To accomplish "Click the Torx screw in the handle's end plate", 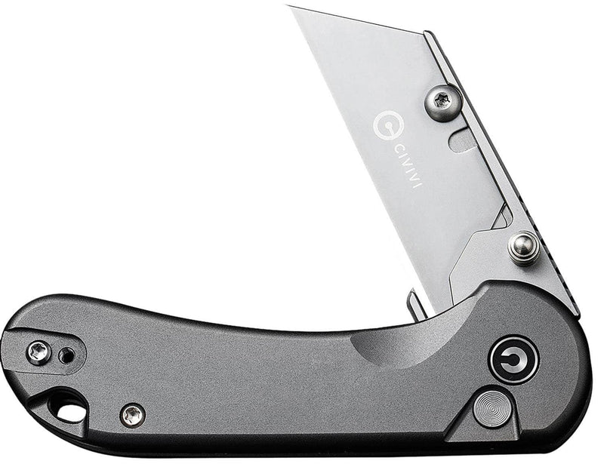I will (x=37, y=351).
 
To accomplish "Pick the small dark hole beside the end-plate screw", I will (x=67, y=354).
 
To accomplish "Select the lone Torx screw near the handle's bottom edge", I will (x=133, y=413).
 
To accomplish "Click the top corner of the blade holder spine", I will (x=427, y=33).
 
